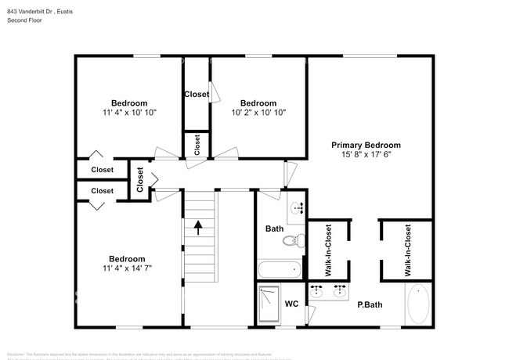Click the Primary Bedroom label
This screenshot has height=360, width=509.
click(x=366, y=145)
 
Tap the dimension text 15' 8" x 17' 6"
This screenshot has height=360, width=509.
click(x=366, y=155)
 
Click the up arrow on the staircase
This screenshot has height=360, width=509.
click(x=198, y=227)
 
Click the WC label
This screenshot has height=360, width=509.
click(x=291, y=304)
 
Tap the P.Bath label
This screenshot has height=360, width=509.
click(x=369, y=305)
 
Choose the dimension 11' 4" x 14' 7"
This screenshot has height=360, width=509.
click(x=127, y=268)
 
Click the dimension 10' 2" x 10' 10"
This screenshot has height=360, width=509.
click(x=258, y=113)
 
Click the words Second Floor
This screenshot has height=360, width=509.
click(x=24, y=20)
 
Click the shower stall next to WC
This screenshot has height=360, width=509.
click(x=269, y=304)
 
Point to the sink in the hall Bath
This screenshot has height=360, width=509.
click(x=297, y=208)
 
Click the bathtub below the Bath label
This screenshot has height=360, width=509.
click(x=279, y=271)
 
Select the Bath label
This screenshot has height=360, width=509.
click(x=274, y=229)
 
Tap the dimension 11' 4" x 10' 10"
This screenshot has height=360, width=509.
click(x=129, y=113)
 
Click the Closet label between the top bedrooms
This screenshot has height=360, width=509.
click(x=197, y=95)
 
